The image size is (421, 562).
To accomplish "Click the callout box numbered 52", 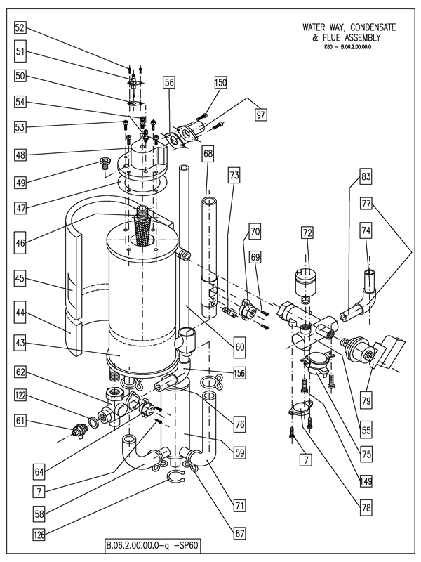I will tap(20, 28).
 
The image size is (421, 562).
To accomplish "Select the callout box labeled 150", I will tap(221, 82).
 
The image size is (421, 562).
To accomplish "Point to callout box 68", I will tap(208, 152).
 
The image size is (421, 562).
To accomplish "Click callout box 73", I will tap(234, 174).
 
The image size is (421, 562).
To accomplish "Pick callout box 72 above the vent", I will tap(307, 231).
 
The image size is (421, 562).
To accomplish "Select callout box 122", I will tap(20, 398).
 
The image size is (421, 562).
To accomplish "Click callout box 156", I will tap(239, 373).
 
